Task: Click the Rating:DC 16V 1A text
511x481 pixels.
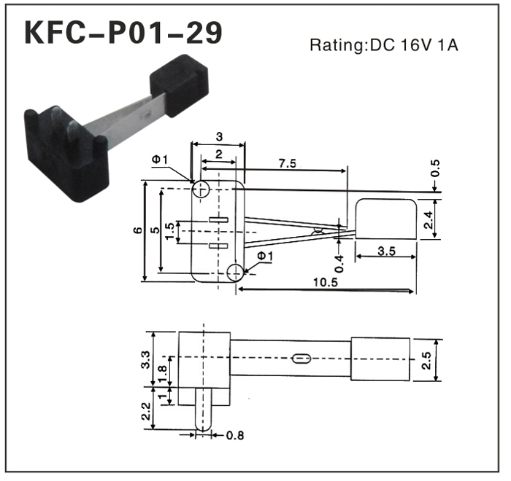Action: pyautogui.click(x=385, y=45)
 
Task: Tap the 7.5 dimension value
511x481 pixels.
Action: pyautogui.click(x=288, y=164)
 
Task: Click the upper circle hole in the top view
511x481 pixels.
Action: pyautogui.click(x=201, y=189)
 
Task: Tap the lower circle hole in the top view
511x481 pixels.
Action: pyautogui.click(x=235, y=273)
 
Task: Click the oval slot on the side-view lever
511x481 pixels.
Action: pyautogui.click(x=299, y=359)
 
